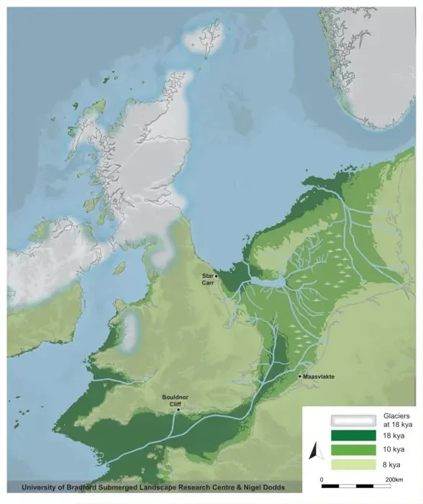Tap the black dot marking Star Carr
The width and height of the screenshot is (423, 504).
(217, 276)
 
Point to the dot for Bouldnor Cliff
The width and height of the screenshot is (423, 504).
(178, 410)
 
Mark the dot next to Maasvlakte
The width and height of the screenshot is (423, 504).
(299, 376)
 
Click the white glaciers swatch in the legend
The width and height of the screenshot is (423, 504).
(353, 421)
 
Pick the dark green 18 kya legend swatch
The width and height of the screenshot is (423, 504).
(353, 436)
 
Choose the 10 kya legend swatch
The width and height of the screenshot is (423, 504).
(353, 450)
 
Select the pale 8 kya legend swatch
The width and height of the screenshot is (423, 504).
(353, 464)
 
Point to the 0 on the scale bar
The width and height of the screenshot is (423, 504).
(322, 479)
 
